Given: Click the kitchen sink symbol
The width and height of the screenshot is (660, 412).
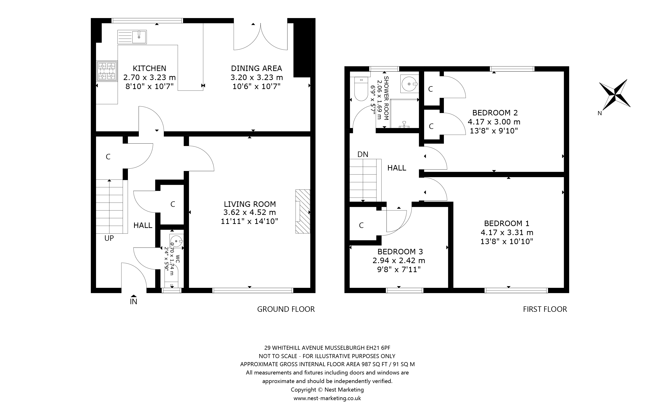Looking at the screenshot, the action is click(x=132, y=37).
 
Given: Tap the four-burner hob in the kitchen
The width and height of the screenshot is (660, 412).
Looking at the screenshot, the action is click(x=107, y=71).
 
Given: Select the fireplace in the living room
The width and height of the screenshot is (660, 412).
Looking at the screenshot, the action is click(x=303, y=211).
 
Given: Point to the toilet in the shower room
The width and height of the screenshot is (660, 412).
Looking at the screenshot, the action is click(x=361, y=88).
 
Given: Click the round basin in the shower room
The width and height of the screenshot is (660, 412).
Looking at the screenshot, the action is click(x=410, y=84).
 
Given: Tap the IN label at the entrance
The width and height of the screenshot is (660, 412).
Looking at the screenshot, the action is click(x=133, y=302).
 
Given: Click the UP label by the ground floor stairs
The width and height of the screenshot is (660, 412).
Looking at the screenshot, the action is click(x=109, y=238).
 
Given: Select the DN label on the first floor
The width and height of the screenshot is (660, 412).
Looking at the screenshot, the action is click(x=363, y=155).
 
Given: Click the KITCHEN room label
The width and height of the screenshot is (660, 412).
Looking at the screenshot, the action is click(x=150, y=68).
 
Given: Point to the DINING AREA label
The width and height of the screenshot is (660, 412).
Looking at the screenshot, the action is click(x=256, y=68).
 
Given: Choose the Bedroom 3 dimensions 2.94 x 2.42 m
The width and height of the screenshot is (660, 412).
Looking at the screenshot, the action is click(x=399, y=260).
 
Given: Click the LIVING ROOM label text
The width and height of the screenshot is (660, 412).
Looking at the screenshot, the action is click(x=250, y=204).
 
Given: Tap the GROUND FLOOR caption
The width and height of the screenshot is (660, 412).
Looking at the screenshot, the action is click(x=286, y=309).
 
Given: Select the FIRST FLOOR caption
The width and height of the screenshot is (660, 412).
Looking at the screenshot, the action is click(x=545, y=309).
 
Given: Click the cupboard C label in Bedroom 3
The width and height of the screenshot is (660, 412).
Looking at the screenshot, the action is click(x=361, y=225).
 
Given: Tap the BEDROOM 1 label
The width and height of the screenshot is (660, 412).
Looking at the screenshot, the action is click(x=507, y=223).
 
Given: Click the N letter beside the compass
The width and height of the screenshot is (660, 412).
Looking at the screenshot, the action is click(x=600, y=113).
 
